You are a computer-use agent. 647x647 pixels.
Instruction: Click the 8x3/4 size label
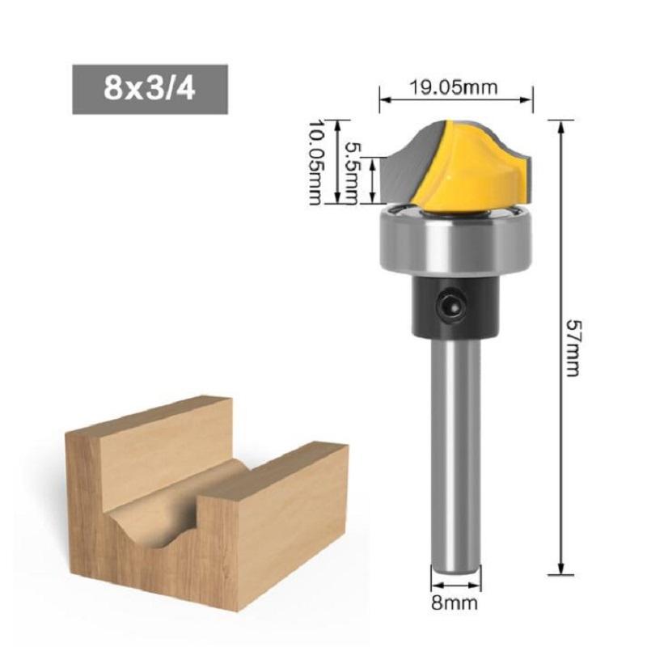150,87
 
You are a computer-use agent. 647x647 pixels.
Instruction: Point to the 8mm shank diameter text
455,603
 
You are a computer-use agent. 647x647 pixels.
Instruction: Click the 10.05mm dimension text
315,163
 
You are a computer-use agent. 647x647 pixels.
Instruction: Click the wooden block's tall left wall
89,501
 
